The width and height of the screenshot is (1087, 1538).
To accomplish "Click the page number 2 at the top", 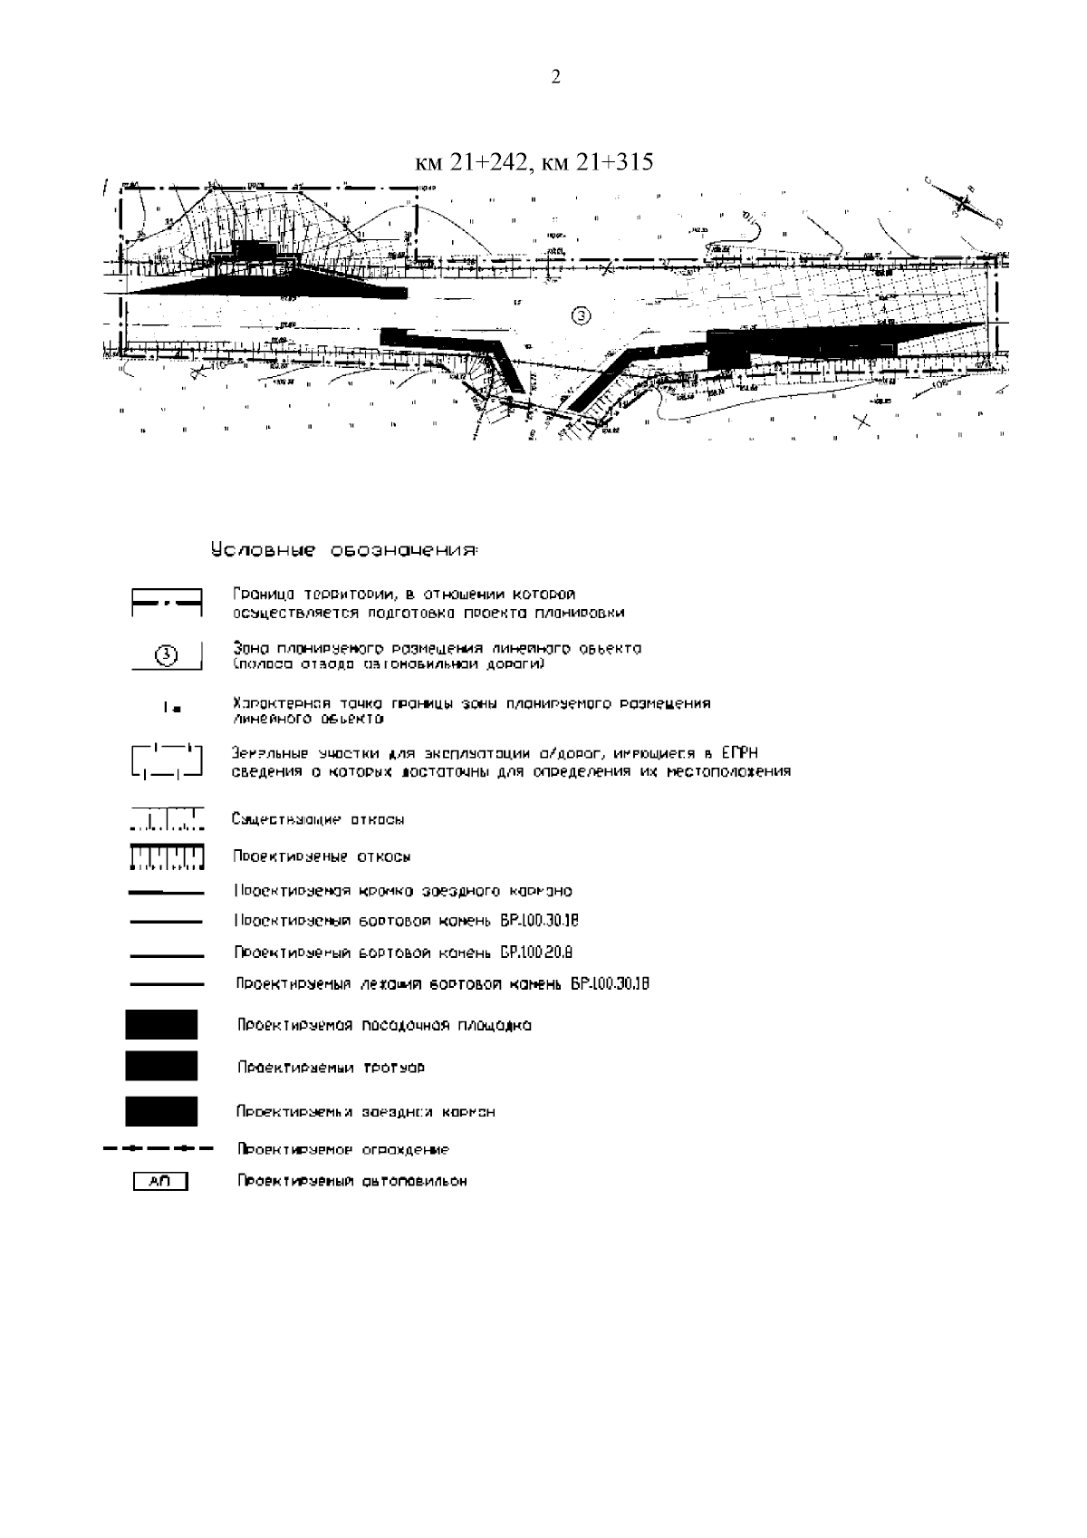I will point(555,77).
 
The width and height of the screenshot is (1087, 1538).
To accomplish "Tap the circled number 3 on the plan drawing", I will point(582,314).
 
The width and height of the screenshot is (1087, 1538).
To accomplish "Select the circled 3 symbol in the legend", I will point(166,655).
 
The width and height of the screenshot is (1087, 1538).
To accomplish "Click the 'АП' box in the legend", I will point(160,1181).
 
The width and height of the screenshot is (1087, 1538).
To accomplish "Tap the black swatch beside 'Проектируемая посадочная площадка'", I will point(161,1025).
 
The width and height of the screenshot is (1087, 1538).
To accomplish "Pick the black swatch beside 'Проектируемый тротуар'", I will point(161,1067).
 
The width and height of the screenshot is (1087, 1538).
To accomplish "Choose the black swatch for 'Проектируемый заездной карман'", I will point(161,1111).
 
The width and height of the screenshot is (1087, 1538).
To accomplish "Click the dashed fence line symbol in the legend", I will point(159,1149).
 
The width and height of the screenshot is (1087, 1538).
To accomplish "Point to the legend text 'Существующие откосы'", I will point(318,819).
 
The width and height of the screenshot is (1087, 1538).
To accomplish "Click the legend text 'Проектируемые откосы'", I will point(322,856).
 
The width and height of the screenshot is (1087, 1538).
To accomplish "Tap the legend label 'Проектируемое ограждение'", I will point(343,1149).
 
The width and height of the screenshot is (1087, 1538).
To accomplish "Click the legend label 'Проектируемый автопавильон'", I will point(352,1182).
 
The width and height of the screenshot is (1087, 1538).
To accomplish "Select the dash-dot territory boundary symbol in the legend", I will point(167,602).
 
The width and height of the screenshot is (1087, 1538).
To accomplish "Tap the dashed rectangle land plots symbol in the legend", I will point(166,761).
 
